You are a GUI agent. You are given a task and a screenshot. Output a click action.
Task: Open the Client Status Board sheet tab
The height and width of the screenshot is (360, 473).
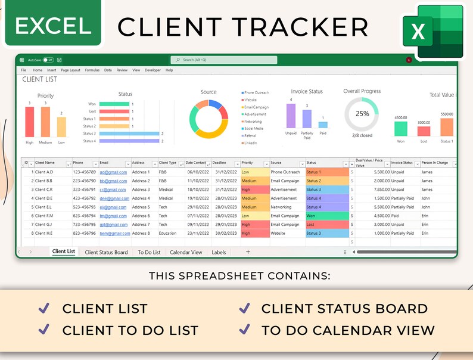[106, 252]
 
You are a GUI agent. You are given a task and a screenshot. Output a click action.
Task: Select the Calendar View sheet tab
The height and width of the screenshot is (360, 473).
[186, 252]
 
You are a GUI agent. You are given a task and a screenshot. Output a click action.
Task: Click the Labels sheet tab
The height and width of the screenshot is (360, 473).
[219, 252]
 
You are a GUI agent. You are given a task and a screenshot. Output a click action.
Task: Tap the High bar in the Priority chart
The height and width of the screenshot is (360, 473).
[29, 122]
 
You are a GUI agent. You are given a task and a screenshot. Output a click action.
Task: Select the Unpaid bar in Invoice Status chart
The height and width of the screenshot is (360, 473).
[291, 116]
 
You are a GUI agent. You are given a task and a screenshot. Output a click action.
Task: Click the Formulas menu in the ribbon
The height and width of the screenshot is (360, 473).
[92, 70]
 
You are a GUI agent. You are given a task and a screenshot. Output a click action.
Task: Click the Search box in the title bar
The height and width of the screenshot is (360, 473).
[223, 60]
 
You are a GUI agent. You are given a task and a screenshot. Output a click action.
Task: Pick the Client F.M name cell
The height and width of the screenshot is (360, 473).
[45, 216]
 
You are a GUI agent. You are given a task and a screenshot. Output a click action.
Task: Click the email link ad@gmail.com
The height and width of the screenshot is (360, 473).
[113, 172]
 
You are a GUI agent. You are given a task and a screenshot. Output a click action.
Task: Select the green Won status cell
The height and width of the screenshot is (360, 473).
[326, 216]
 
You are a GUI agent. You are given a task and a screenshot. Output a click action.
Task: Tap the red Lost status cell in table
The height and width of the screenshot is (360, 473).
[326, 225]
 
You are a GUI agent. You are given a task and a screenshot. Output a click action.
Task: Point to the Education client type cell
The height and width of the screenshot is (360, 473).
[167, 234]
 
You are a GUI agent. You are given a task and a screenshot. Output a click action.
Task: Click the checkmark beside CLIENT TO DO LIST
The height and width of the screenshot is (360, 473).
[43, 329]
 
